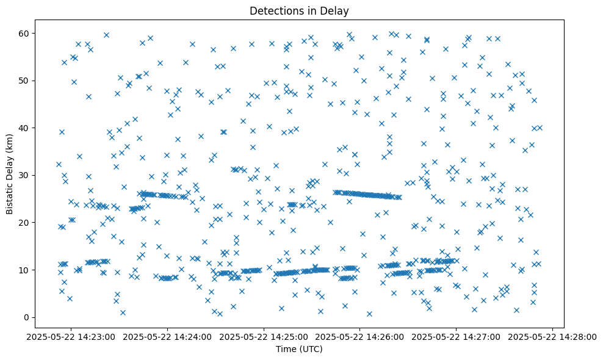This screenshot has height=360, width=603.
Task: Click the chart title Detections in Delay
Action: tap(299, 10)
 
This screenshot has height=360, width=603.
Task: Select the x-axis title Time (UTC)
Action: tap(299, 349)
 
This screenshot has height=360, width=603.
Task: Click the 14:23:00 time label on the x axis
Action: tap(71, 337)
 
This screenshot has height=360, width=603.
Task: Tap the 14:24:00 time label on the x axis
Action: tap(168, 337)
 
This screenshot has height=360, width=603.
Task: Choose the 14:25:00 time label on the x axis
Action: tap(264, 337)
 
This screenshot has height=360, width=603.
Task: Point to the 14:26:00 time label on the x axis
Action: tap(360, 337)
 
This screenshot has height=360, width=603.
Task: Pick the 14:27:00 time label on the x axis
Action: tap(457, 337)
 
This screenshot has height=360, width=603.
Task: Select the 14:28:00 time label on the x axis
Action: tap(553, 337)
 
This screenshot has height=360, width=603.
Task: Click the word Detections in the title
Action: tap(273, 10)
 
